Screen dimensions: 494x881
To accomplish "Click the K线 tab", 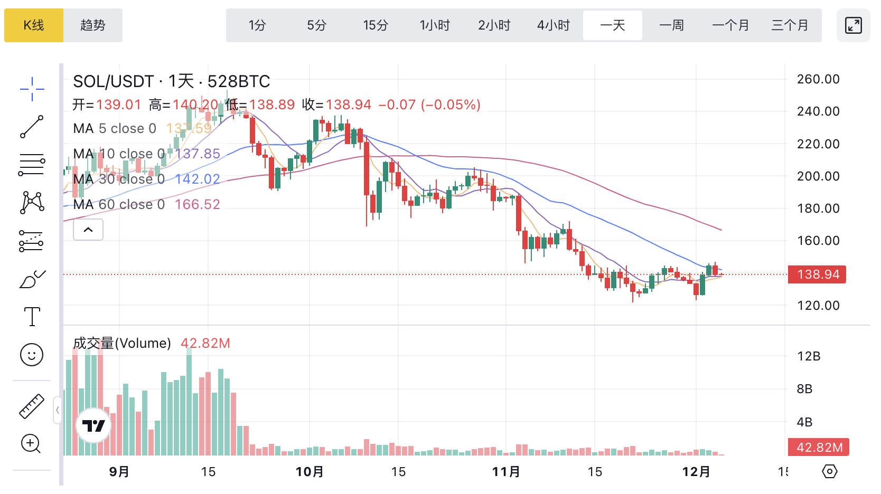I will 34,25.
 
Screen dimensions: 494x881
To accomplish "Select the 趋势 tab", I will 93,25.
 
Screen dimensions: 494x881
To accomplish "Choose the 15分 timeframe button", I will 376,25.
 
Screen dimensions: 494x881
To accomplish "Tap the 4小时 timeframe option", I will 554,25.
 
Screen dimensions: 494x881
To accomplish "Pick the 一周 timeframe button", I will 671,25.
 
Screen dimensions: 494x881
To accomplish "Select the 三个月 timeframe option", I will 790,25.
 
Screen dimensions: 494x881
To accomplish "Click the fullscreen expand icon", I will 853,25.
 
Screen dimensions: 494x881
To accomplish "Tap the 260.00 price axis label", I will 818,79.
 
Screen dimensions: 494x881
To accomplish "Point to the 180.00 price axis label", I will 818,208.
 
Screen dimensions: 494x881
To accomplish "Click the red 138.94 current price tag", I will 817,274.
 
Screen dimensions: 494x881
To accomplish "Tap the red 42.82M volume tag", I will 819,448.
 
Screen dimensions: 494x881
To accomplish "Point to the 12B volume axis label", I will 809,356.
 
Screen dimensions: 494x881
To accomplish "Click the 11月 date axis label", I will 506,471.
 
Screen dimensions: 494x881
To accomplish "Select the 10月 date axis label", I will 310,471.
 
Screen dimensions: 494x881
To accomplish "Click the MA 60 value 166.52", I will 197,204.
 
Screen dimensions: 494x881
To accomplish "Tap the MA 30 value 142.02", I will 197,179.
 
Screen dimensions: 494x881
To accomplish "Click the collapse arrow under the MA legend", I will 88,230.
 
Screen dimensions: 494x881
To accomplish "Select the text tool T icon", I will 32,317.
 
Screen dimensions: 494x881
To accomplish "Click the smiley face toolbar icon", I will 32,355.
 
